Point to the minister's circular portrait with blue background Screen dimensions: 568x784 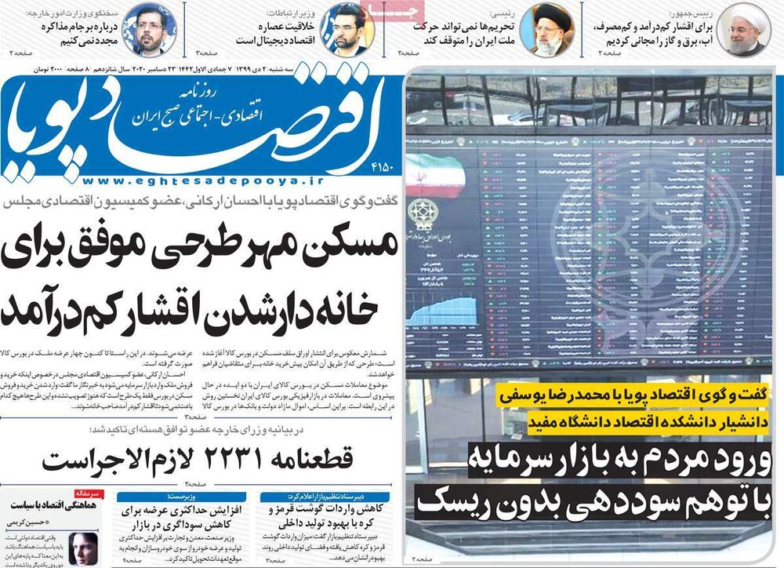(346, 29)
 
